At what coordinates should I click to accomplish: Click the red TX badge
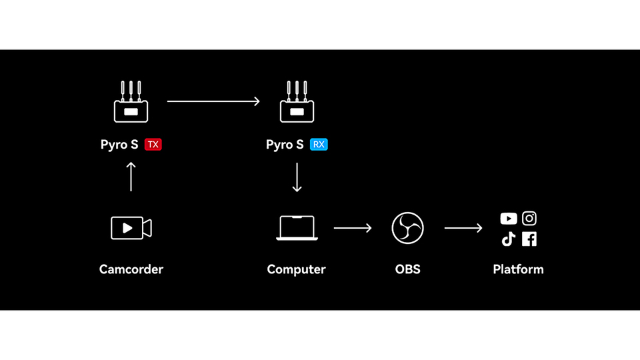pyautogui.click(x=153, y=144)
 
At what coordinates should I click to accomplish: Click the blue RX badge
pyautogui.click(x=319, y=144)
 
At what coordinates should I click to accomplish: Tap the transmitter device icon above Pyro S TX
pyautogui.click(x=131, y=103)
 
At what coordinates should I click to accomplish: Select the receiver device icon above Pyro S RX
pyautogui.click(x=297, y=103)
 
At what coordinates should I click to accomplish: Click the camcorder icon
pyautogui.click(x=131, y=228)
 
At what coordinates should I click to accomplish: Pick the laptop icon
pyautogui.click(x=297, y=228)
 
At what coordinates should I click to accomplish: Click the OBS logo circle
pyautogui.click(x=407, y=228)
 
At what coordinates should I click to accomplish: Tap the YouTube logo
pyautogui.click(x=509, y=219)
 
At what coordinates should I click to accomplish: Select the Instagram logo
pyautogui.click(x=529, y=218)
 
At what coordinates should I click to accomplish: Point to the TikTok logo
pyautogui.click(x=509, y=239)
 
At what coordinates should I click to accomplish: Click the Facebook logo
pyautogui.click(x=529, y=239)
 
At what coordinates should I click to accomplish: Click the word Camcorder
pyautogui.click(x=131, y=269)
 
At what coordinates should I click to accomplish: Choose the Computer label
pyautogui.click(x=297, y=269)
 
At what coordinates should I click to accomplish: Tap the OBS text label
pyautogui.click(x=407, y=269)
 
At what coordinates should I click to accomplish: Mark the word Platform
pyautogui.click(x=518, y=269)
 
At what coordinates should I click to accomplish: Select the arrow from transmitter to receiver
pyautogui.click(x=213, y=101)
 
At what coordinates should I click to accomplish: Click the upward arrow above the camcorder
pyautogui.click(x=131, y=177)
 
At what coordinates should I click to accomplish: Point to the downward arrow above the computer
pyautogui.click(x=297, y=177)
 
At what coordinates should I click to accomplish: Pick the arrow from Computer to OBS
pyautogui.click(x=353, y=228)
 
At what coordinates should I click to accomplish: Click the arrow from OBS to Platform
pyautogui.click(x=463, y=228)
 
